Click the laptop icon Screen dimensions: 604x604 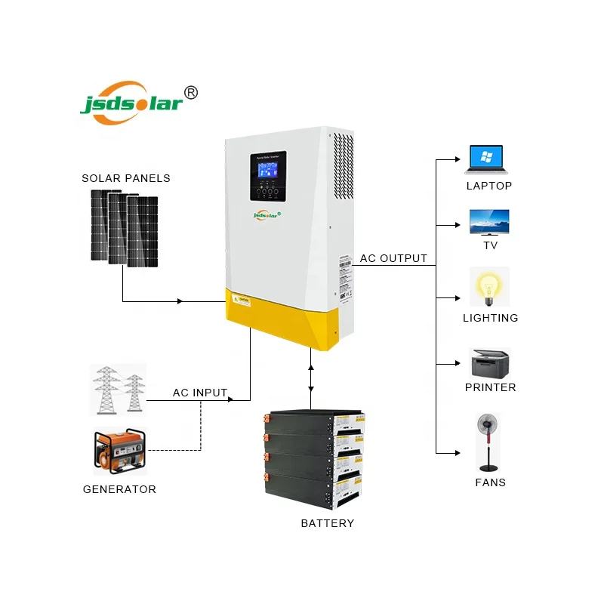click(488, 159)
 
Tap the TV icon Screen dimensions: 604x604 click(489, 223)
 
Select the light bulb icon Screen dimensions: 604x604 click(489, 287)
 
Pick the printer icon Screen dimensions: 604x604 click(490, 363)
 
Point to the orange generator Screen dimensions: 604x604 click(119, 452)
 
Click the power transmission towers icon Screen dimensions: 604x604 click(118, 388)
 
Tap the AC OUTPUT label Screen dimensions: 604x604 click(393, 258)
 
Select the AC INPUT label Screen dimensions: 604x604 click(200, 393)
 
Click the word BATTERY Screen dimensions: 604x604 click(327, 523)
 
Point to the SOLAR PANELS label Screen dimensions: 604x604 click(126, 178)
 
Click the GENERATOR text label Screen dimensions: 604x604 click(119, 489)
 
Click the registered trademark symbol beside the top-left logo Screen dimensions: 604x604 click(192, 92)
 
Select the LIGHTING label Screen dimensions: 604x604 click(490, 318)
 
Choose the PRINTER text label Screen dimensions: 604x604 click(490, 387)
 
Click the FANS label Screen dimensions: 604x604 click(490, 482)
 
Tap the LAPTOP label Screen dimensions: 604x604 click(488, 186)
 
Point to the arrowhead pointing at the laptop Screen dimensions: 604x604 click(455, 159)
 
